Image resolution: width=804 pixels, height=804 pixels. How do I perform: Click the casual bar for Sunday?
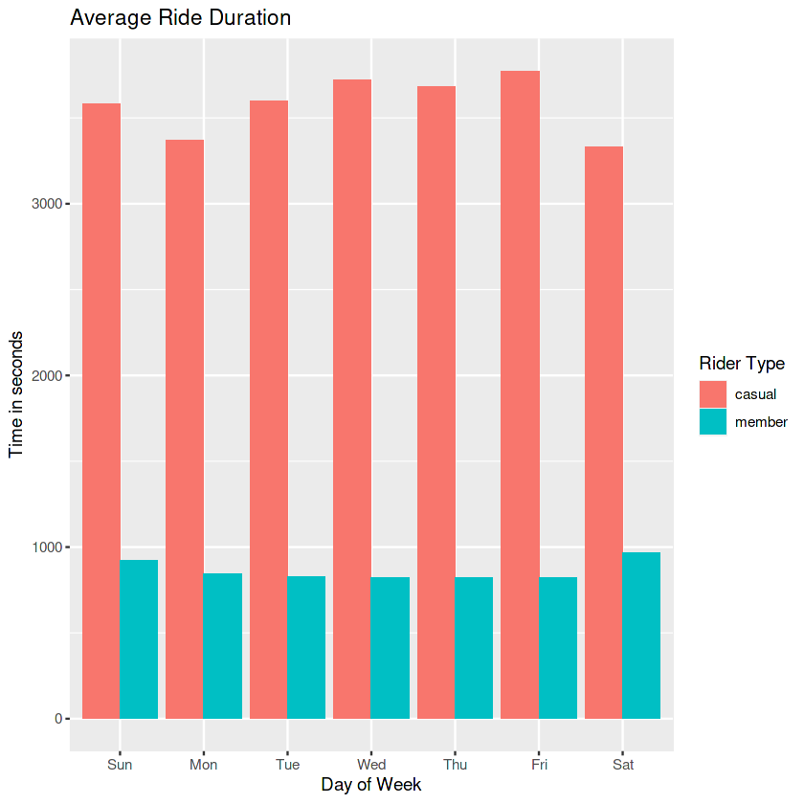[100, 411]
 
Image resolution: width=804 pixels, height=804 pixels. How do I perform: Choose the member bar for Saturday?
[641, 636]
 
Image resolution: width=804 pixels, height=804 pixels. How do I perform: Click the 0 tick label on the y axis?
[58, 719]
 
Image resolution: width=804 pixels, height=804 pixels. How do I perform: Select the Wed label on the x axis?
[371, 765]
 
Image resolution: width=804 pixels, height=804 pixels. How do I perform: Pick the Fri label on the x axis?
[539, 765]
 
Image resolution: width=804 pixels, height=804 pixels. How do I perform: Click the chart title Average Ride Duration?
[181, 18]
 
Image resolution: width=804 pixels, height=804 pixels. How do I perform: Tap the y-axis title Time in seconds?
[16, 394]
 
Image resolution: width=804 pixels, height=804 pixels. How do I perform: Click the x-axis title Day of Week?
[371, 785]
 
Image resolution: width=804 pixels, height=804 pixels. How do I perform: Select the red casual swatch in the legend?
[713, 393]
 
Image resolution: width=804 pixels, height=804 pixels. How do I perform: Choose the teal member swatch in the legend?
[713, 422]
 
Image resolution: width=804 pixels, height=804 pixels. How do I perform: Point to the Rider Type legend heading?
[742, 364]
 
